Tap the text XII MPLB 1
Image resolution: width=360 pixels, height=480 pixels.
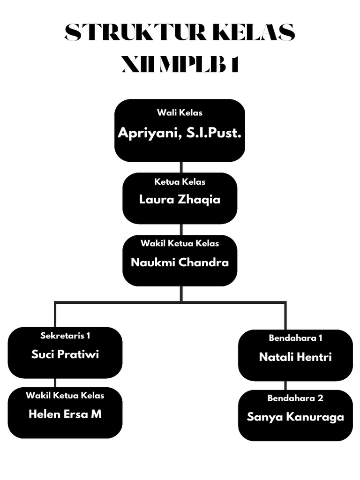180,65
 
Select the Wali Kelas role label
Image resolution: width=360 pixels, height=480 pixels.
180,112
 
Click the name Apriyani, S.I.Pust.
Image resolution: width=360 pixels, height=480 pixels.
180,133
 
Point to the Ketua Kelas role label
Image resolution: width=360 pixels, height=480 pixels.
180,182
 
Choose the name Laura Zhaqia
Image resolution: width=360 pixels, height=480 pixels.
180,200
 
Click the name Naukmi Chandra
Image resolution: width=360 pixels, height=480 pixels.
180,262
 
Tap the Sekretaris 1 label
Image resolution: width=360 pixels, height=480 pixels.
65,336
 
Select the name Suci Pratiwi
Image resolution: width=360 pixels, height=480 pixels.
65,354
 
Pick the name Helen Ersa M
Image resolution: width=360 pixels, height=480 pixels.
65,414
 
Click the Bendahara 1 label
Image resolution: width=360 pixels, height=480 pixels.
295,338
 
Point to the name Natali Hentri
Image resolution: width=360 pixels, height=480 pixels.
295,357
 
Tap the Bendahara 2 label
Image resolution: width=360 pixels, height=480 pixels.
295,398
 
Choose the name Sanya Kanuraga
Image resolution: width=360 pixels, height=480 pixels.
295,417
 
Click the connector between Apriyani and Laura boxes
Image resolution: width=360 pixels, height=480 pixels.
181,167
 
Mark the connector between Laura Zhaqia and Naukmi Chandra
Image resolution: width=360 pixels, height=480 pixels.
181,230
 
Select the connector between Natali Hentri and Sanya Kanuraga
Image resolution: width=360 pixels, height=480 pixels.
285,385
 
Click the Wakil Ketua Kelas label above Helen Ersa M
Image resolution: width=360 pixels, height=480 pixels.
65,396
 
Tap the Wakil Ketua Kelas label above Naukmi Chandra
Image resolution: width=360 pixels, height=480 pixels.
180,243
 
